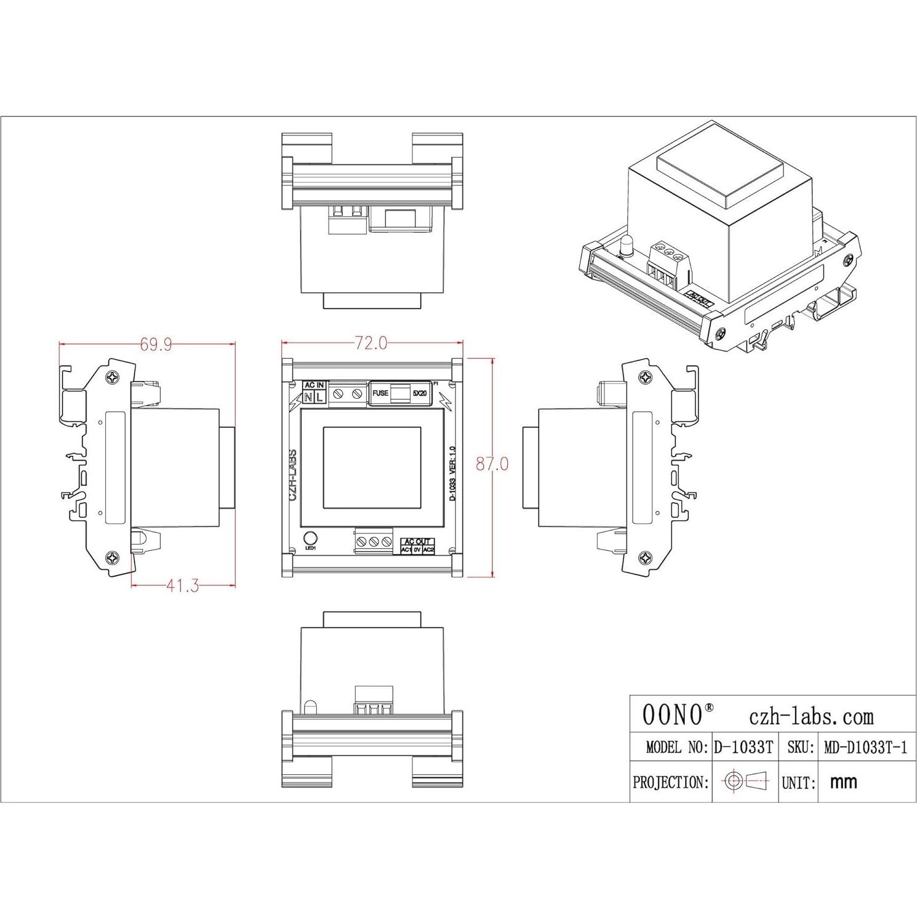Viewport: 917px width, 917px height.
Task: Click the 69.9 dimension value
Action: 156,345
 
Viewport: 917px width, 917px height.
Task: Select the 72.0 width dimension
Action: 371,343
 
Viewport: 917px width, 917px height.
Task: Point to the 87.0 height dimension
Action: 492,464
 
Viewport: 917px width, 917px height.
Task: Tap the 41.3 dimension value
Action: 182,586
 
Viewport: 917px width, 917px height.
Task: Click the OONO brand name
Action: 673,715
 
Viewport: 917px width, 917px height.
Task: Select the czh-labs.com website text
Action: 811,716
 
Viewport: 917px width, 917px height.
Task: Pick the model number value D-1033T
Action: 743,748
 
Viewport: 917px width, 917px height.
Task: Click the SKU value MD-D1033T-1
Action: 865,748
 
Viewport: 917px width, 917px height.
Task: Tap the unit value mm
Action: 844,782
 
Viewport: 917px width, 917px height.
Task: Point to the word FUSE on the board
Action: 380,393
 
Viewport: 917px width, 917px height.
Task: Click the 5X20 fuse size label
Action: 420,393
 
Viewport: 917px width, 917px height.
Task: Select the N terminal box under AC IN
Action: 308,398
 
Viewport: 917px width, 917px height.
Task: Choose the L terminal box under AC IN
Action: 319,398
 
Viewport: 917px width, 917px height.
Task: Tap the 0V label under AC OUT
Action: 417,550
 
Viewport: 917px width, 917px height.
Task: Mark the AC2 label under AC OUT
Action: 428,550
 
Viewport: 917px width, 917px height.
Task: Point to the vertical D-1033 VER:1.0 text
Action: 453,473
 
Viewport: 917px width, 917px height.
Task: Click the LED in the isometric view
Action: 626,245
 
